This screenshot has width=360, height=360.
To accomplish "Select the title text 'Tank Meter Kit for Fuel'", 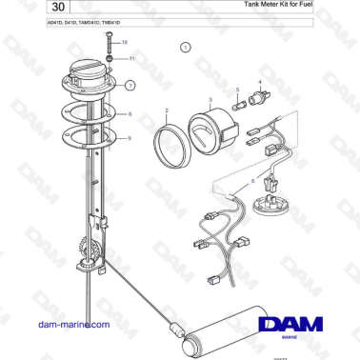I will [x=285, y=6].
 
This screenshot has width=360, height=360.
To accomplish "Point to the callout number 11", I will [x=131, y=58].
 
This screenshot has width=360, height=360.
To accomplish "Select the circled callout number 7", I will [x=130, y=85].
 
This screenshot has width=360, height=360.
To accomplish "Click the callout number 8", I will [x=130, y=114].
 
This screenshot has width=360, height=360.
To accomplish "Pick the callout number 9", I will [x=130, y=138].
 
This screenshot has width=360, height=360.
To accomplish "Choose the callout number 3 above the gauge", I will [x=210, y=98].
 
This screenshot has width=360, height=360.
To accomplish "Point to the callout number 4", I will [x=259, y=83].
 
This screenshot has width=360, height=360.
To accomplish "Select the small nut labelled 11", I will [x=110, y=58].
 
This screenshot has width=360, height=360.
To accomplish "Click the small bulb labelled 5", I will [x=235, y=104].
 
